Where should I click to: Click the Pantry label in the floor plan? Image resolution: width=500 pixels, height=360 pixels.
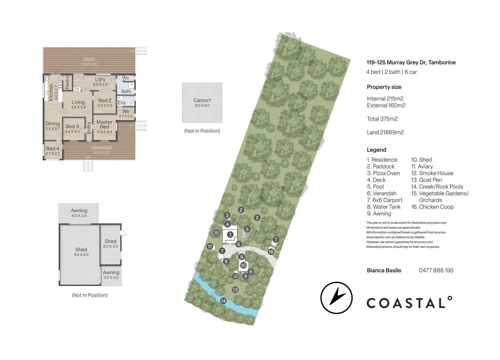[67, 82]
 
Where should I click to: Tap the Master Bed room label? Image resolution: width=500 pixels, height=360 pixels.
[104, 125]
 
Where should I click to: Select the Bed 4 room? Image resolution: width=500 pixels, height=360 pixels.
[53, 150]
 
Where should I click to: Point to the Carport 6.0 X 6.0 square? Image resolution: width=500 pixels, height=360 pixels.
[202, 103]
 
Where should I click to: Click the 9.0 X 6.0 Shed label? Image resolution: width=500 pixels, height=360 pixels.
[81, 252]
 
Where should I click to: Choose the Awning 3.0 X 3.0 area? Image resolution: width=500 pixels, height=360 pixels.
[111, 275]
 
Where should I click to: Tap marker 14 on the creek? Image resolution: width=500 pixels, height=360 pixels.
[223, 301]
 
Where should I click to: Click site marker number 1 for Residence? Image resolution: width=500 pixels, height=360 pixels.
[230, 235]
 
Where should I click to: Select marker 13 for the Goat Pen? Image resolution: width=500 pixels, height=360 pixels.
[235, 290]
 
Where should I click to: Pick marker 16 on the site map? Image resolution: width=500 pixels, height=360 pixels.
[271, 252]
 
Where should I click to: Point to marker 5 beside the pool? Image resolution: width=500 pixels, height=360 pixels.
[247, 229]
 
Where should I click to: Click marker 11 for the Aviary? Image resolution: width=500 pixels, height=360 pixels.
[210, 247]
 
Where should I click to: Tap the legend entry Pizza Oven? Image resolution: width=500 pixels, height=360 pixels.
[383, 173]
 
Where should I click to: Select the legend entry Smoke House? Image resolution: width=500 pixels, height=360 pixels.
[432, 173]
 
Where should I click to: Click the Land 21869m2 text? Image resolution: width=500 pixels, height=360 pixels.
[385, 132]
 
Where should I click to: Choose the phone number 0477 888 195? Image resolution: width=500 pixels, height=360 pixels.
[436, 270]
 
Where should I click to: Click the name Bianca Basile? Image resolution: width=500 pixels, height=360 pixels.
[384, 270]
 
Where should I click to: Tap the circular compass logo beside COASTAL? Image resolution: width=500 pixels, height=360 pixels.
[337, 298]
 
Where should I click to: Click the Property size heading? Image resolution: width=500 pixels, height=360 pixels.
[384, 87]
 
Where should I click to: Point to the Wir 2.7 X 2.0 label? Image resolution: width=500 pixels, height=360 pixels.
[126, 113]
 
